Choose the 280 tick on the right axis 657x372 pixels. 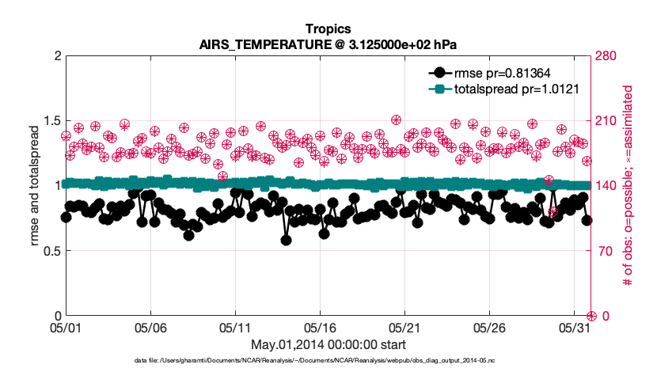(x=609, y=56)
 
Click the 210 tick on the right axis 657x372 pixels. (x=609, y=121)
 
